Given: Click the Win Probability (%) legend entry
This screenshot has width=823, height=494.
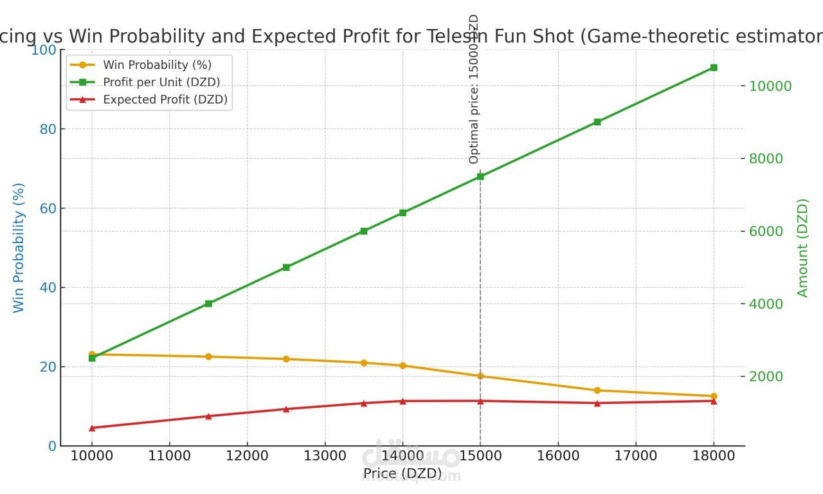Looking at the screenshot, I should [x=157, y=65].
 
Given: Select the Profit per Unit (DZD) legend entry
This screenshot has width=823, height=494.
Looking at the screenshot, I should [x=161, y=82].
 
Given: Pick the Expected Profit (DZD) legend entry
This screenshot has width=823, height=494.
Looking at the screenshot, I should [x=165, y=100].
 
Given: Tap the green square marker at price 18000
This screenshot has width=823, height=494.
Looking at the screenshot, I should [x=714, y=68].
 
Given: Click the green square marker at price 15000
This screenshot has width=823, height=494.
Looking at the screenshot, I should [x=480, y=176].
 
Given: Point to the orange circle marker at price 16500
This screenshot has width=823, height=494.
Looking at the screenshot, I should [x=597, y=390].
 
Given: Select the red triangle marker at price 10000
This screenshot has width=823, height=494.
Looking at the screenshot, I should [x=92, y=428].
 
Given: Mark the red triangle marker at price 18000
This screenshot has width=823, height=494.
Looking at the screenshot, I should [x=714, y=401].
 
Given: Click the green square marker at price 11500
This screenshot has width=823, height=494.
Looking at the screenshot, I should [x=208, y=304].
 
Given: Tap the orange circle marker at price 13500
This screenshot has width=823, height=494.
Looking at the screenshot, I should [x=364, y=363].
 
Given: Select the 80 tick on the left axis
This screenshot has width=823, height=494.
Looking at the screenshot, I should [x=48, y=129].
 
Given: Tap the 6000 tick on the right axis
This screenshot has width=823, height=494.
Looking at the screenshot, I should [x=765, y=232].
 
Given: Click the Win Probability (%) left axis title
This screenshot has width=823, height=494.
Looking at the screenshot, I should [x=19, y=248].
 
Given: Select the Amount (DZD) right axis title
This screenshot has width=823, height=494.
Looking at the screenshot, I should [x=802, y=248].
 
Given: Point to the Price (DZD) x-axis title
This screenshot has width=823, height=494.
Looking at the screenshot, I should [x=402, y=474].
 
